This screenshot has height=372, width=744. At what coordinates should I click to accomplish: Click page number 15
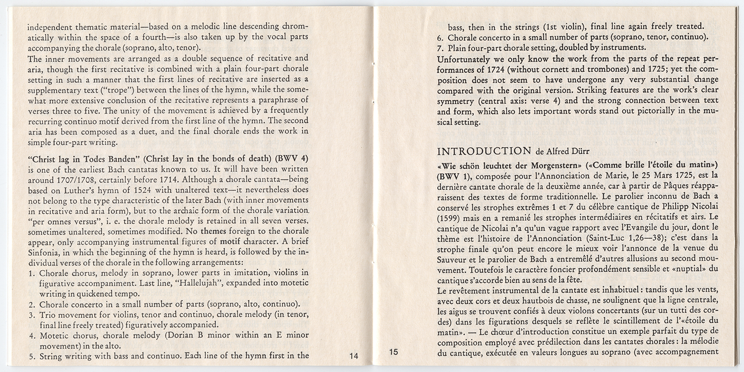click(393, 352)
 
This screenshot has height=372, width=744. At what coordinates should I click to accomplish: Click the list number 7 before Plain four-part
click(441, 47)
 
